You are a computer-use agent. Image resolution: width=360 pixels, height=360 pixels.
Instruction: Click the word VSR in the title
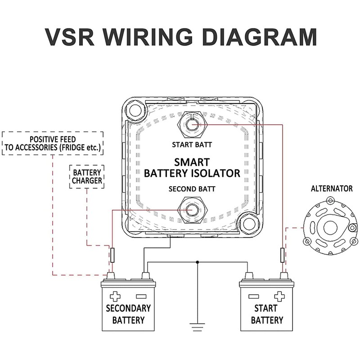coord(70,37)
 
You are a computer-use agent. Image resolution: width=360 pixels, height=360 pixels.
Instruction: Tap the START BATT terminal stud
coord(192,125)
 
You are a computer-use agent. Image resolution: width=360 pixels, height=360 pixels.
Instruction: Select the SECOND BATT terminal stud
coord(193,210)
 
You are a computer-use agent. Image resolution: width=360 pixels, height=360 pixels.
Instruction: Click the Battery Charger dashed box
coord(87,177)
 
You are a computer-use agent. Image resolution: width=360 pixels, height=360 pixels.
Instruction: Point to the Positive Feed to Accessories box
coord(53,143)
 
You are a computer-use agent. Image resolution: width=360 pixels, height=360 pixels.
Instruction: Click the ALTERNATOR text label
coord(332,189)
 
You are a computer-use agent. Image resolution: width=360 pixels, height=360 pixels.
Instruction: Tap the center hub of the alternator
coord(330,228)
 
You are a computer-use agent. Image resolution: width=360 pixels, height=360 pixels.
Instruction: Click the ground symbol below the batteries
coord(197,327)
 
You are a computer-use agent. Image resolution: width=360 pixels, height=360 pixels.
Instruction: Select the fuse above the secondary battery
coord(112,255)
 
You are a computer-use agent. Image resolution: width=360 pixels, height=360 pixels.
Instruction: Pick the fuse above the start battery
coord(283,255)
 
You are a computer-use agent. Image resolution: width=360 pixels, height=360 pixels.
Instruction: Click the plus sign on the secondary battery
coord(115,297)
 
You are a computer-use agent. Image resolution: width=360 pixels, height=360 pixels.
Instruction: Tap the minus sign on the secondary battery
coord(141,297)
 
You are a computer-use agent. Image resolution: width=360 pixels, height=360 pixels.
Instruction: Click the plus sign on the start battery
coord(279,297)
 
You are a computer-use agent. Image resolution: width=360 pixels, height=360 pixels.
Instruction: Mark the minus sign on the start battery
coord(253,297)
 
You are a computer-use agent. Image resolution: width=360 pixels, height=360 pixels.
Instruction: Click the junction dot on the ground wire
coord(198,262)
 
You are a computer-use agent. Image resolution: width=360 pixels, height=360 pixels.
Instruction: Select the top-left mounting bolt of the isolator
coord(135,110)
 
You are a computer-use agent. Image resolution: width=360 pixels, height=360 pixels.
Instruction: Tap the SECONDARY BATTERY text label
coord(128,314)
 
